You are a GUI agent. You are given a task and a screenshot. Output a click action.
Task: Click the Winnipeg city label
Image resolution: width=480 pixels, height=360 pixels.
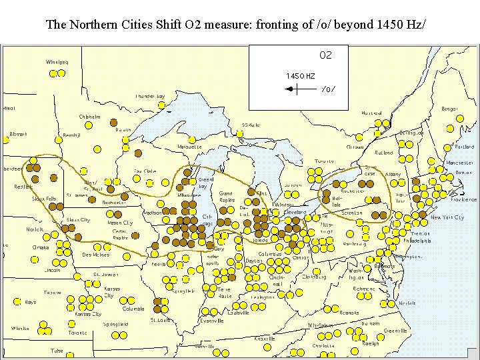click(57, 62)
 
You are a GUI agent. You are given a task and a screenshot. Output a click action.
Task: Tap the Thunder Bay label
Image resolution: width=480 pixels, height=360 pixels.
click(150, 96)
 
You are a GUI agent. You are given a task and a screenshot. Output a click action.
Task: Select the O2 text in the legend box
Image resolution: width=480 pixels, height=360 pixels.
click(325, 55)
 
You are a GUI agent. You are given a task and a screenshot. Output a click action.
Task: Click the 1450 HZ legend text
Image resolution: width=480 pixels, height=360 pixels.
click(301, 76)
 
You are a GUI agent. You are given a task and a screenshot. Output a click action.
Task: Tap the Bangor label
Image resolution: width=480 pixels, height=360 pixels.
click(449, 108)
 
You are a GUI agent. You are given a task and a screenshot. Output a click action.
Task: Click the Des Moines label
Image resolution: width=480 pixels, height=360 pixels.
click(96, 255)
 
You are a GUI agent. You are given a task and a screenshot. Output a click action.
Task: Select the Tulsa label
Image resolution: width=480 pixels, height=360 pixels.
click(57, 351)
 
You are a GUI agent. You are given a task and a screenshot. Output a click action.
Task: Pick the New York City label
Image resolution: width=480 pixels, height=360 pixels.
click(447, 217)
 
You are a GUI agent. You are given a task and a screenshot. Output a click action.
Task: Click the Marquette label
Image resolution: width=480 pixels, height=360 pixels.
click(190, 146)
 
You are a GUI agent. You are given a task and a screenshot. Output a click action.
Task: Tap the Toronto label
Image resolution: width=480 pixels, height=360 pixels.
click(325, 161)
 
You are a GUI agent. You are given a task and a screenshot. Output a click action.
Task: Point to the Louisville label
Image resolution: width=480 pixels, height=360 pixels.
click(238, 313)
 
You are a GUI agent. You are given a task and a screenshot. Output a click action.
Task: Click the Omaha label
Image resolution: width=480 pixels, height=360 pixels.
click(40, 247)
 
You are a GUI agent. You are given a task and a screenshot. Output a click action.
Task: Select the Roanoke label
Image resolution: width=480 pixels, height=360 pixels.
click(349, 312)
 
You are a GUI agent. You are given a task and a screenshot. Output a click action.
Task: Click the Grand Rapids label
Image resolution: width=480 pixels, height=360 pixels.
click(227, 197)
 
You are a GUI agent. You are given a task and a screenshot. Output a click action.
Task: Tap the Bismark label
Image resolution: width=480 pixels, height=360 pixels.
click(19, 134)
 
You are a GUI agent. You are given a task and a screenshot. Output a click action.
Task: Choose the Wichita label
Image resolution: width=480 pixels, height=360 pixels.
click(20, 329)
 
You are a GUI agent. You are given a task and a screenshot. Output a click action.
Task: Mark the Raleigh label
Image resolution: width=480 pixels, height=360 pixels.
click(370, 343)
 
